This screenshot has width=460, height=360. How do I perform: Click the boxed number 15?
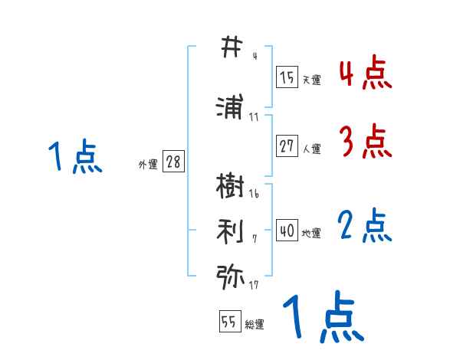click(x=287, y=77)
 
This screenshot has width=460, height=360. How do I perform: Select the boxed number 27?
click(x=287, y=146)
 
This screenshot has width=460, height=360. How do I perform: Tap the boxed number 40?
click(x=287, y=231)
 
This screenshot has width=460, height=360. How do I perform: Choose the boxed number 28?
click(x=173, y=162)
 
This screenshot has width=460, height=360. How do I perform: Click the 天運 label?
click(x=310, y=80)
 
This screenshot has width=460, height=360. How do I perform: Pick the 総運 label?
click(x=254, y=325)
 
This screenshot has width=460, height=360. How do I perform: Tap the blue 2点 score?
click(x=364, y=226)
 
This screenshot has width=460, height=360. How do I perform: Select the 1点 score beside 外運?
click(x=75, y=157)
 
